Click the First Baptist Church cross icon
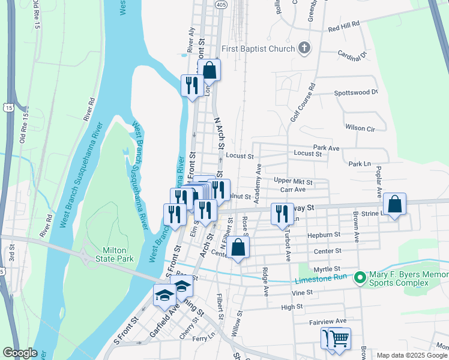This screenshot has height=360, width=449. tap(304, 49)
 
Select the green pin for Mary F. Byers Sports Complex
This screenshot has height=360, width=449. tap(360, 277)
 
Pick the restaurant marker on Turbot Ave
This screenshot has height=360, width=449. tap(281, 214)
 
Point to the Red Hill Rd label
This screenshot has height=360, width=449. tap(343, 29)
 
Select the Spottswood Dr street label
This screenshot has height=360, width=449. tap(356, 93)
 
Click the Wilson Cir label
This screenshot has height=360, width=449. tap(360, 128)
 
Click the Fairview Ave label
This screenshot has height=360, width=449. tap(328, 322)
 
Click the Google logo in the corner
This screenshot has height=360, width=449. tap(20, 353)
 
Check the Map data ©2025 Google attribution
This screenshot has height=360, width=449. tap(412, 355)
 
